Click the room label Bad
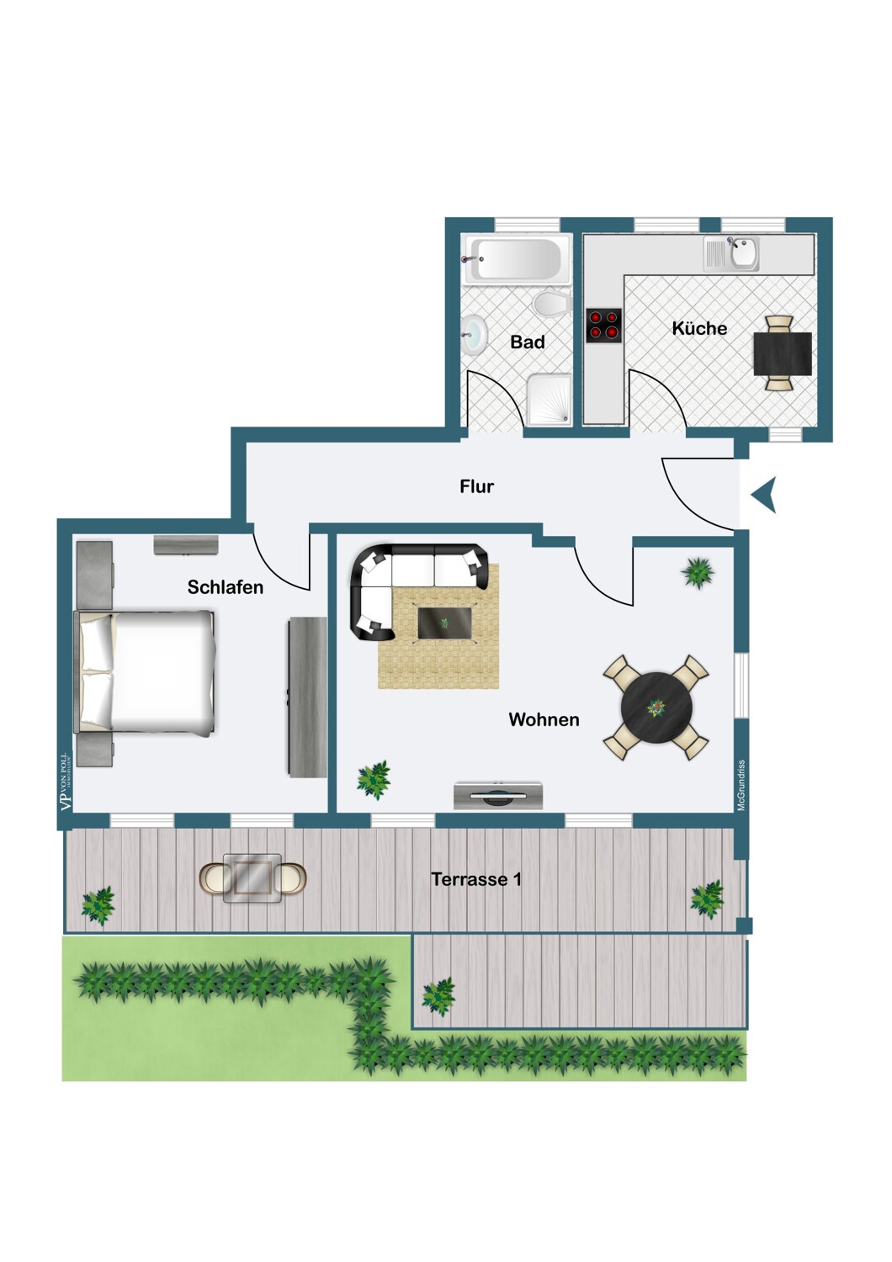[x=528, y=342]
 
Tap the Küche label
[x=699, y=328]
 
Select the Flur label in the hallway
[x=476, y=486]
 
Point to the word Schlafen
[x=226, y=587]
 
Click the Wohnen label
[x=544, y=719]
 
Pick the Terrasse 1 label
[x=476, y=879]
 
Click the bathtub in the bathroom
[x=516, y=259]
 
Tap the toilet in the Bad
[x=552, y=304]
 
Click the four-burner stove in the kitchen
[x=604, y=326]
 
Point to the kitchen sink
[x=744, y=252]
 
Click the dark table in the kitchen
[x=783, y=353]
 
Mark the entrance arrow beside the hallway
[x=764, y=495]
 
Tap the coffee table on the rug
[x=444, y=623]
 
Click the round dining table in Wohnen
[x=656, y=708]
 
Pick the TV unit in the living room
[x=498, y=795]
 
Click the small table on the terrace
[x=252, y=878]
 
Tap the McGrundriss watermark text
[x=741, y=785]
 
